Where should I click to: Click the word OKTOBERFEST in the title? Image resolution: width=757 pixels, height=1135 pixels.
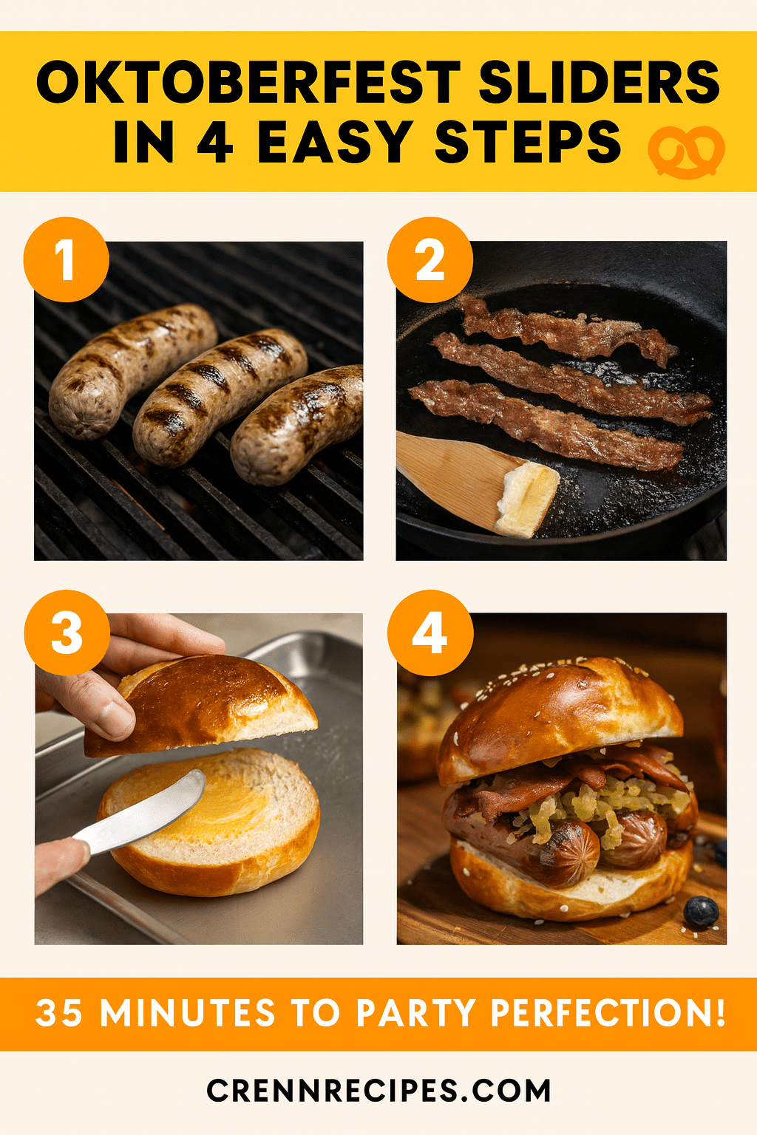pyautogui.click(x=248, y=82)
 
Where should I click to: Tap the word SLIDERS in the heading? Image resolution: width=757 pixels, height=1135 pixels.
pyautogui.click(x=600, y=82)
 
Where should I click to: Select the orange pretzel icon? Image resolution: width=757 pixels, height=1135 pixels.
pyautogui.click(x=687, y=151)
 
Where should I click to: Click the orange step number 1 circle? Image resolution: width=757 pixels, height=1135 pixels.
pyautogui.click(x=67, y=259)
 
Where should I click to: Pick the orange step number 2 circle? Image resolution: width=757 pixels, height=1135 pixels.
pyautogui.click(x=430, y=260)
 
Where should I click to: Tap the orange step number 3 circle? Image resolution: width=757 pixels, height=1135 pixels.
pyautogui.click(x=67, y=633)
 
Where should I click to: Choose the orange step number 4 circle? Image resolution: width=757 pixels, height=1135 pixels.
pyautogui.click(x=430, y=633)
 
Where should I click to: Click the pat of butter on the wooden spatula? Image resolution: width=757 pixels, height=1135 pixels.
pyautogui.click(x=527, y=498)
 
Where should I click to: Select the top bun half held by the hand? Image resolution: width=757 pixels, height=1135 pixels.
pyautogui.click(x=200, y=706)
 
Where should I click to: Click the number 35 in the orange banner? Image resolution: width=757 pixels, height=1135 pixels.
pyautogui.click(x=59, y=1012)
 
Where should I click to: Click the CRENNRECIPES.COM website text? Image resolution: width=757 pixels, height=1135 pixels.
pyautogui.click(x=378, y=1090)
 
